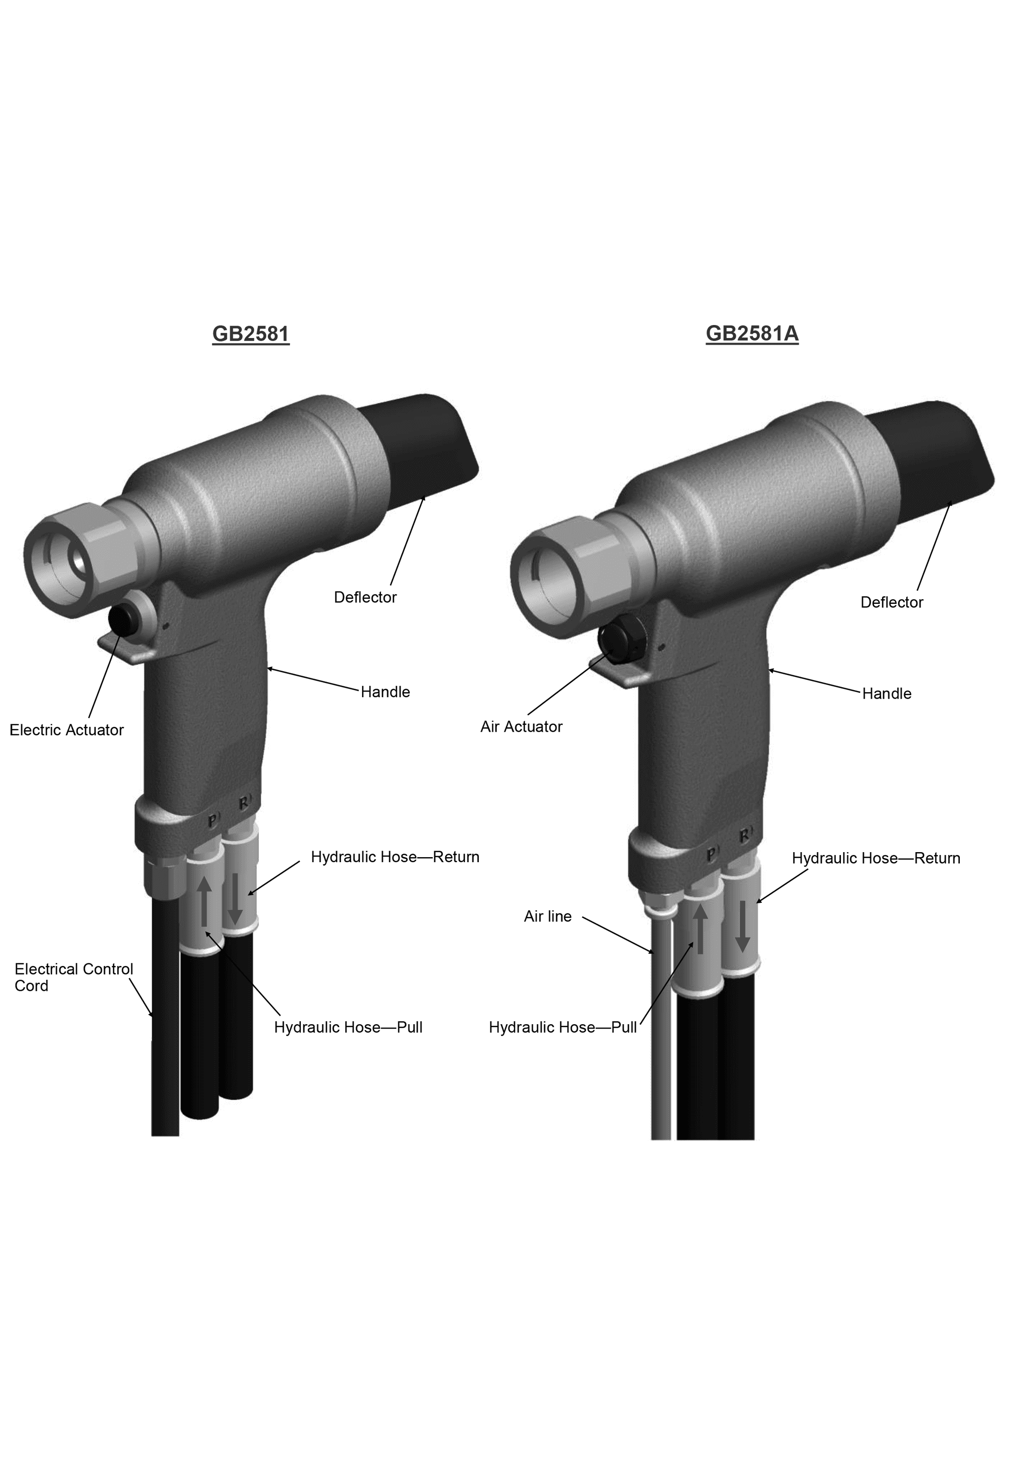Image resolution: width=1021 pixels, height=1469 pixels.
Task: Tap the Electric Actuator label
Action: pyautogui.click(x=67, y=730)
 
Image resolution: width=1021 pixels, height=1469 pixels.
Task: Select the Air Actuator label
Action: pyautogui.click(x=522, y=727)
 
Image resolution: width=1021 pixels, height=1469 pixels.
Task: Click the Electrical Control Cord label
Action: pyautogui.click(x=74, y=977)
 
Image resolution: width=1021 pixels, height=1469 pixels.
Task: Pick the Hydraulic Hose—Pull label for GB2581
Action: pyautogui.click(x=348, y=1028)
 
